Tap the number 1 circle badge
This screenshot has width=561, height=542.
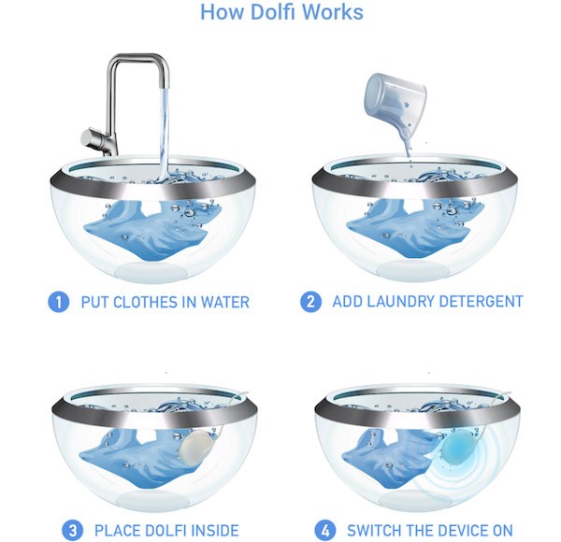point(58,302)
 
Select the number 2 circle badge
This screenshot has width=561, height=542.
point(310,302)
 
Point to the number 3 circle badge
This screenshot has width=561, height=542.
point(72,531)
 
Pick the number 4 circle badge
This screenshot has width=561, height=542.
point(325,531)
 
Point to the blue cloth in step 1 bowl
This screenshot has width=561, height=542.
point(151,229)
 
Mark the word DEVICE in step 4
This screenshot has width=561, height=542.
point(460,531)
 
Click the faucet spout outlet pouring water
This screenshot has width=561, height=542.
point(165,86)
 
